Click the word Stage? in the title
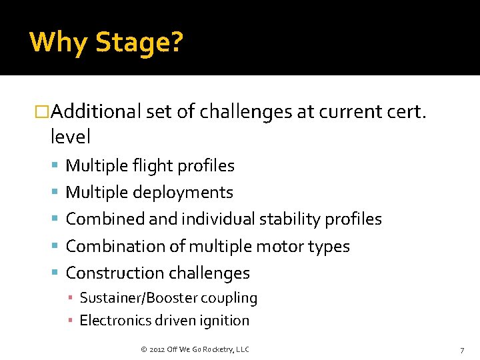[x=139, y=43]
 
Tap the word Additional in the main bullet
[x=97, y=113]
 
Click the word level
[x=70, y=137]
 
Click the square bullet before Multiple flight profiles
[x=55, y=165]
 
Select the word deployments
[x=183, y=193]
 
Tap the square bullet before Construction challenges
[x=55, y=273]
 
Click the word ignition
[x=223, y=321]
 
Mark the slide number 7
[x=461, y=350]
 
